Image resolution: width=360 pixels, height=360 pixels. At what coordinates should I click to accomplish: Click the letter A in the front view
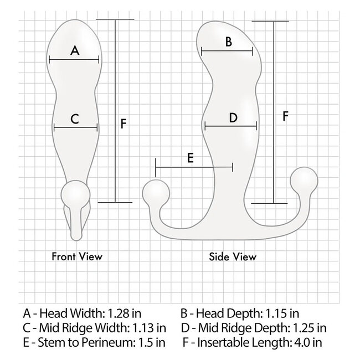coord(76,50)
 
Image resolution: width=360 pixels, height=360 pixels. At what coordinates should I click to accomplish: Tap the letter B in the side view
coord(228,41)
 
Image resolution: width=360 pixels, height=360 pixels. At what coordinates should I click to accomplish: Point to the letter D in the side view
coord(233,117)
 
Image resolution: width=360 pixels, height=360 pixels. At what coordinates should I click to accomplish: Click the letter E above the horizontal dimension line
coord(190,158)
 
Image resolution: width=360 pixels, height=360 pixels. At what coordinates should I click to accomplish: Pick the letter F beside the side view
coord(285,116)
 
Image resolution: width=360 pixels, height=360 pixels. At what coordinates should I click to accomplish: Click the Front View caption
coord(77,256)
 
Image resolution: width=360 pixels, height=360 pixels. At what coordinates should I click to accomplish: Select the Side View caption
coord(233,256)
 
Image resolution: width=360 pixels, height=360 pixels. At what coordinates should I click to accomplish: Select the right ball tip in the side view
coord(305,179)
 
